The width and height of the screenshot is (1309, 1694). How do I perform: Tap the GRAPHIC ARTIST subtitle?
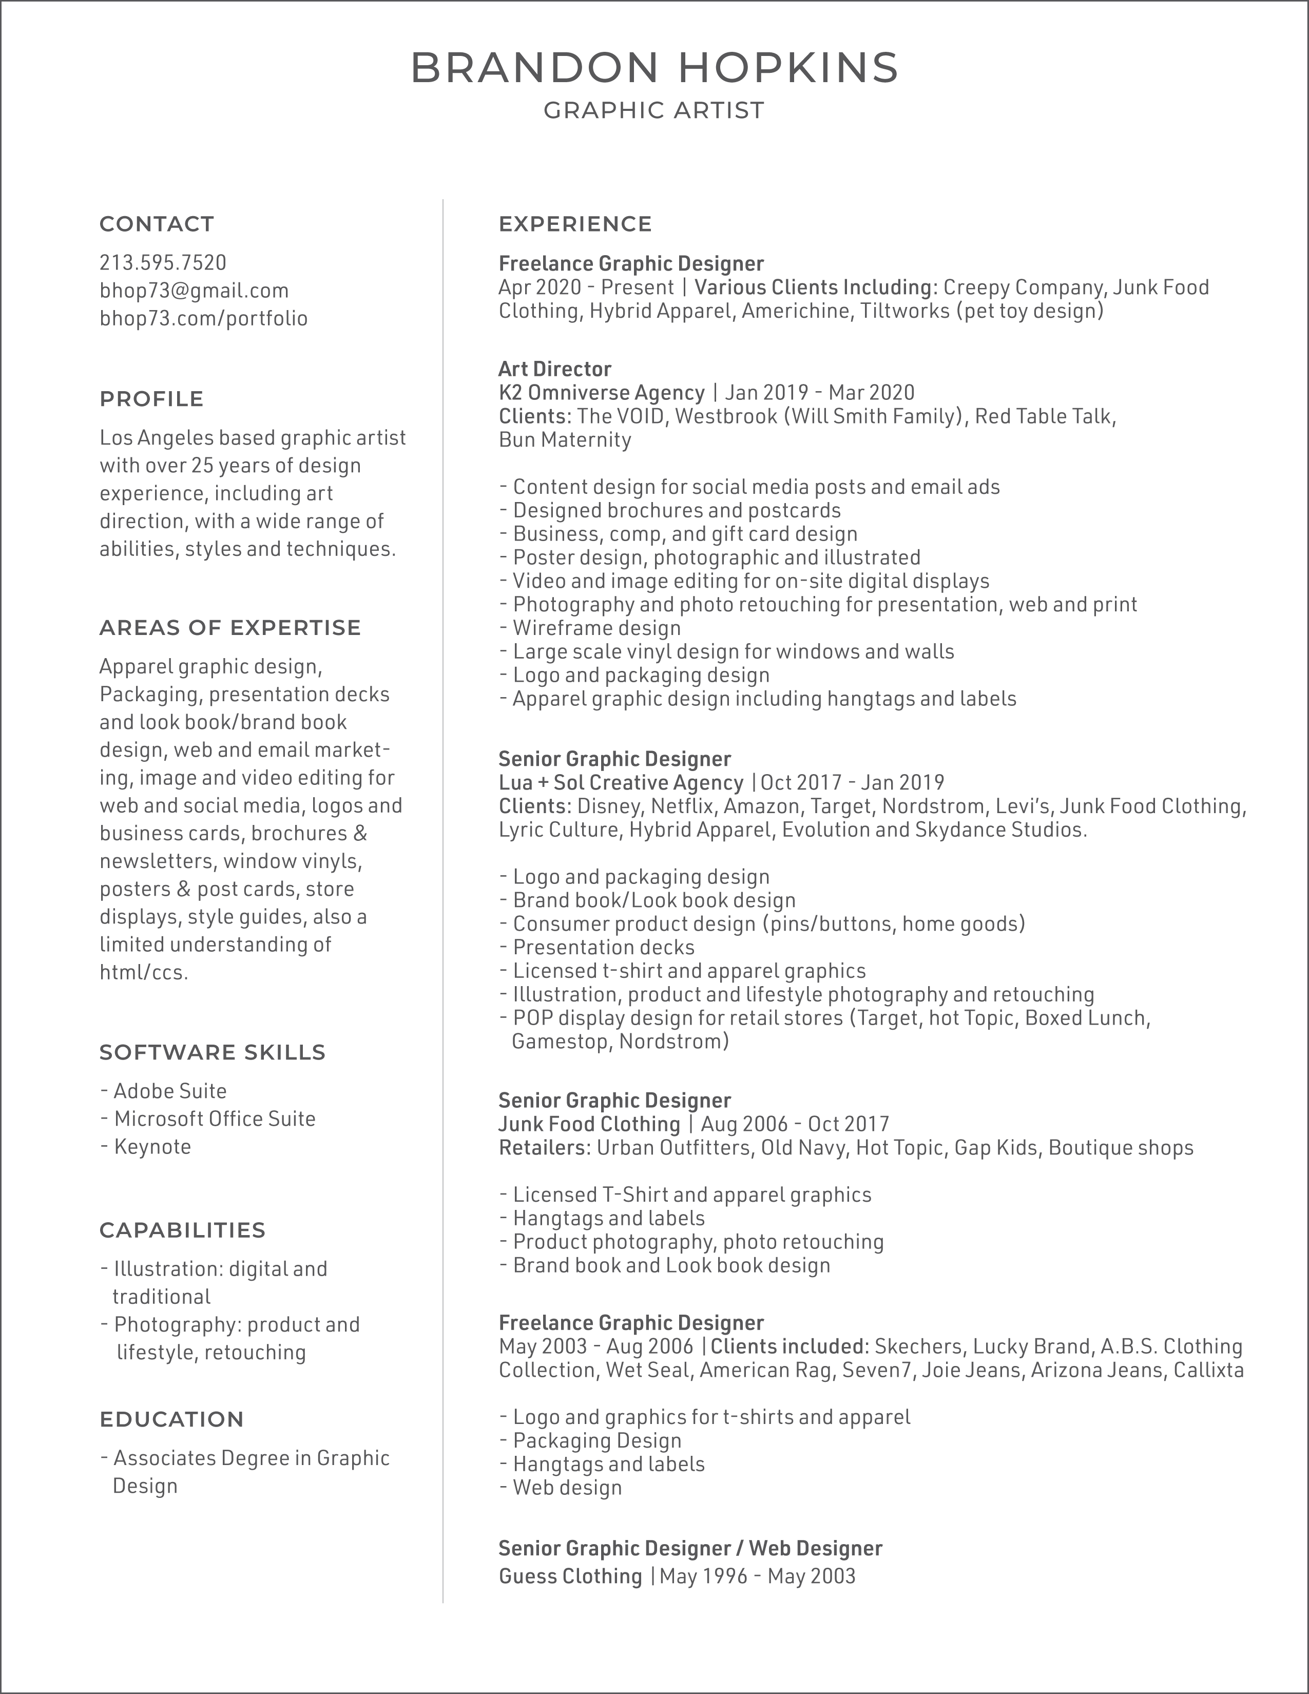[x=653, y=111]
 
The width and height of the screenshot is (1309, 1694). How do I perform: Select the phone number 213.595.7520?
[x=163, y=263]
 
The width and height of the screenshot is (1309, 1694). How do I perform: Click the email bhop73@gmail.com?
[x=194, y=291]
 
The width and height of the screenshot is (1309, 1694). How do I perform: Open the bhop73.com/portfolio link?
[x=203, y=319]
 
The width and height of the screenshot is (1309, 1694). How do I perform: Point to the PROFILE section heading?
[x=151, y=399]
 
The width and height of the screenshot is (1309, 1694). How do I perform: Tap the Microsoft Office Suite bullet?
[x=214, y=1119]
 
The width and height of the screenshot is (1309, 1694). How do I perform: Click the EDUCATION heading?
[x=171, y=1419]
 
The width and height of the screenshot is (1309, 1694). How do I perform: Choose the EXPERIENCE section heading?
[x=574, y=224]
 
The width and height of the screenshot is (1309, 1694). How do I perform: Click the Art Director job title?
[x=554, y=369]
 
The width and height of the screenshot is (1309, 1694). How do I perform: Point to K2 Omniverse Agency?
[x=602, y=393]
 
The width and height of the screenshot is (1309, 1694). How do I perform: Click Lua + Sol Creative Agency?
[x=621, y=783]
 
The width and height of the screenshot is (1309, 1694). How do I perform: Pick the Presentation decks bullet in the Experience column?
[x=603, y=947]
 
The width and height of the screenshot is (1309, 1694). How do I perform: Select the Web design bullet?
[x=567, y=1488]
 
